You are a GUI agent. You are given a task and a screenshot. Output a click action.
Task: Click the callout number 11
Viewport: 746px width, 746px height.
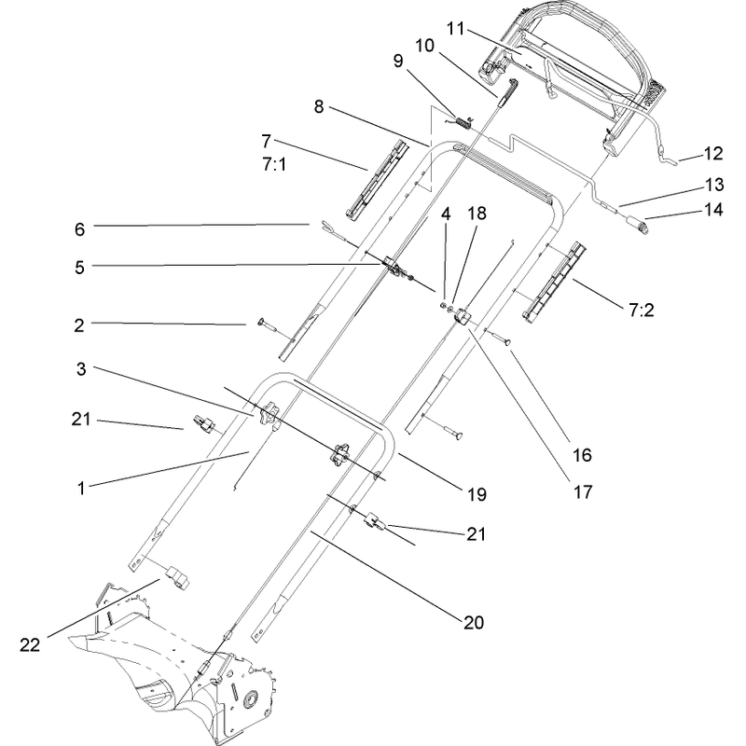455,29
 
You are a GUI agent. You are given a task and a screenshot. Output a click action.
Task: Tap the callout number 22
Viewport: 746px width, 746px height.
30,645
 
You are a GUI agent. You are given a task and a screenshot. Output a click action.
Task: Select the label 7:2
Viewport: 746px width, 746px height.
642,311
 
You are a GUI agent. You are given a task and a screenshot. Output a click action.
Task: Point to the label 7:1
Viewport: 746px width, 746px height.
274,165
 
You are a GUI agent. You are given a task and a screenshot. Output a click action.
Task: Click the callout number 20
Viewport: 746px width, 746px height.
474,622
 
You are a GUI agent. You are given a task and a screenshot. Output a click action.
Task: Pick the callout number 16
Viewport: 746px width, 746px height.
582,455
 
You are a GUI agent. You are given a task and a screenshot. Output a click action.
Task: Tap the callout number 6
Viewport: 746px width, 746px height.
79,229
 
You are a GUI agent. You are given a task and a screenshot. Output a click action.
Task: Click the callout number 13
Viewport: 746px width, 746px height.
713,185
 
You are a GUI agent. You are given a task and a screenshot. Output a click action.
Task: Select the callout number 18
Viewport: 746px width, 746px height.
477,214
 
